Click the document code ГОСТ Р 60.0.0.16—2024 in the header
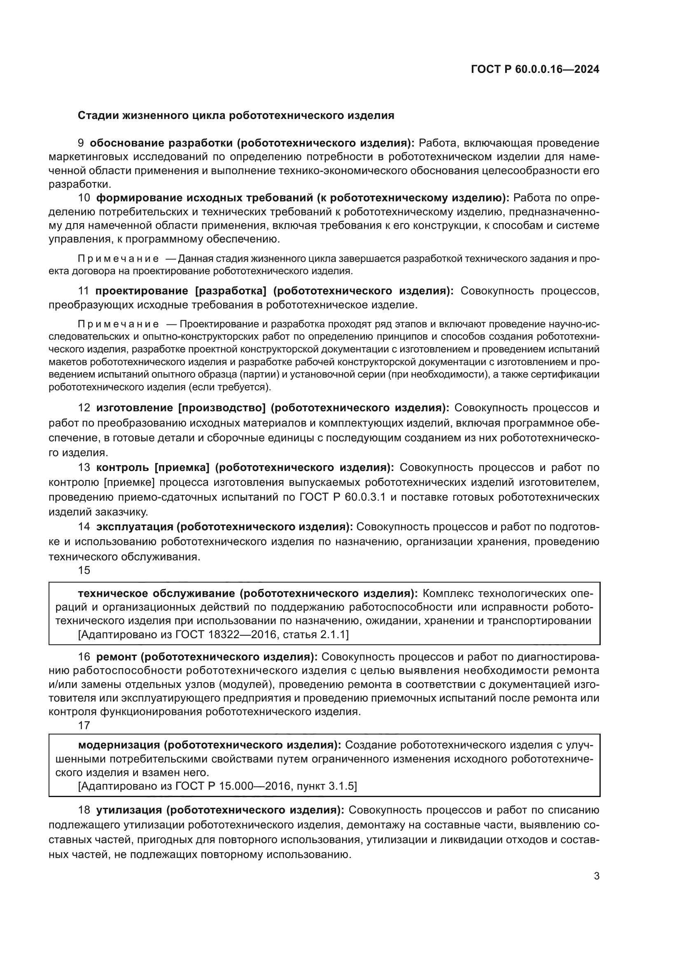click(x=535, y=70)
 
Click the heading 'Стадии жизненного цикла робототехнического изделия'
click(x=236, y=115)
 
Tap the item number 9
click(x=81, y=143)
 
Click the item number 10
click(x=84, y=198)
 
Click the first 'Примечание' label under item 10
click(x=118, y=259)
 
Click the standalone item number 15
click(x=84, y=570)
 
